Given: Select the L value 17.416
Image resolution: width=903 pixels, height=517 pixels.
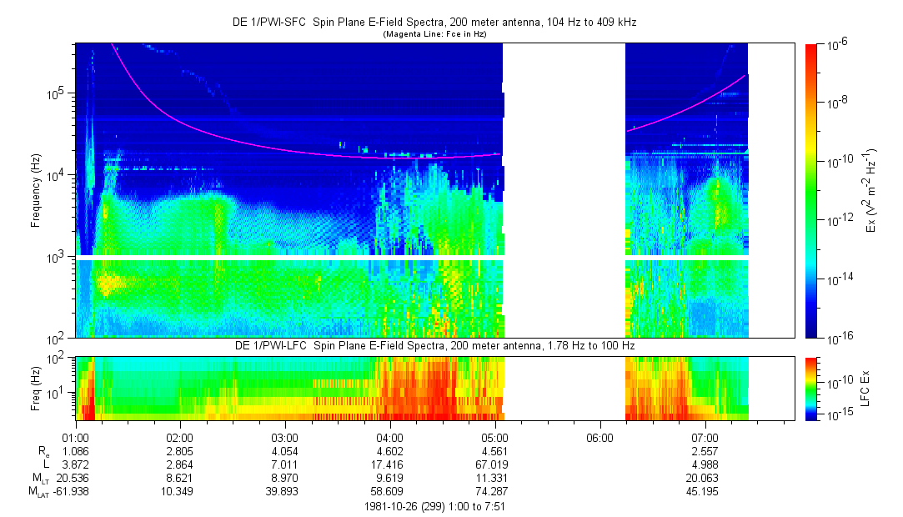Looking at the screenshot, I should point(390,464).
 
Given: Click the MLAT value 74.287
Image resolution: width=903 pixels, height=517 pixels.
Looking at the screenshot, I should point(495,491).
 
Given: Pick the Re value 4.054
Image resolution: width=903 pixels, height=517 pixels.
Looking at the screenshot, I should point(285,451).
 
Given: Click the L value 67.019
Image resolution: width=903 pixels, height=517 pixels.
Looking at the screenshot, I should point(495,464).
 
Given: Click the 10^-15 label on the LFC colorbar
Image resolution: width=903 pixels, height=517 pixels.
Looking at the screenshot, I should point(835,414).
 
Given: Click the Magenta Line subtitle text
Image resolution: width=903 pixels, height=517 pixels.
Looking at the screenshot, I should point(434,34).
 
